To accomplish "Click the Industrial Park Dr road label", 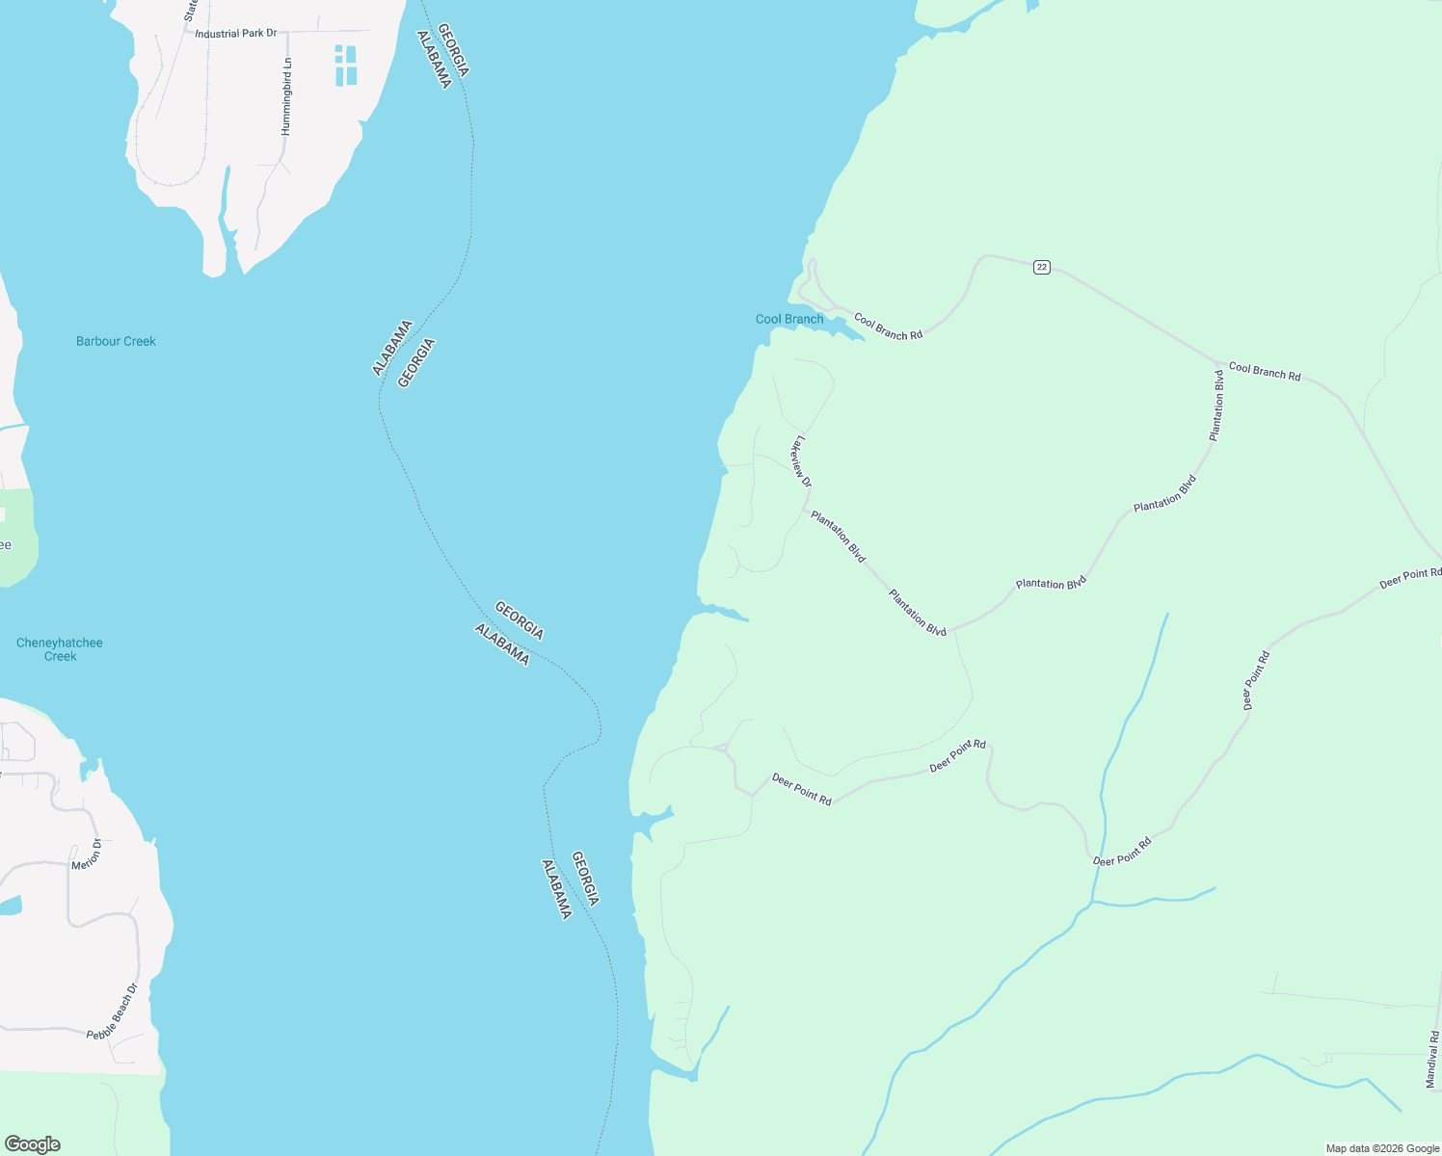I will pyautogui.click(x=235, y=34).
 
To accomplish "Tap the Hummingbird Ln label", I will pyautogui.click(x=286, y=96).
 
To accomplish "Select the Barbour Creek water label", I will pyautogui.click(x=116, y=341).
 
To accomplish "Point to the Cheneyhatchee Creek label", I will pyautogui.click(x=60, y=649).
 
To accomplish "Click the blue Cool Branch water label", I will pyautogui.click(x=789, y=319).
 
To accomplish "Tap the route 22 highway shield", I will pyautogui.click(x=1041, y=267).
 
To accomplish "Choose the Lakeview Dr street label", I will pyautogui.click(x=801, y=462).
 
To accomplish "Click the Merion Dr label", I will pyautogui.click(x=87, y=854).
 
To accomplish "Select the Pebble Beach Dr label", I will pyautogui.click(x=114, y=1011).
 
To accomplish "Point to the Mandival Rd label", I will pyautogui.click(x=1432, y=1060).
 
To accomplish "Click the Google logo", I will pyautogui.click(x=32, y=1144).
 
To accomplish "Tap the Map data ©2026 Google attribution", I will pyautogui.click(x=1382, y=1148).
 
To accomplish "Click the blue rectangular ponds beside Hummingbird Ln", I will pyautogui.click(x=346, y=66).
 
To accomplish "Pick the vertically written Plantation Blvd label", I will pyautogui.click(x=1217, y=406).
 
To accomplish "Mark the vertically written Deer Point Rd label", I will pyautogui.click(x=1256, y=681).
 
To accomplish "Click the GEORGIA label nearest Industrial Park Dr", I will pyautogui.click(x=453, y=50).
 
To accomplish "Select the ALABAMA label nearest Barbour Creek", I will pyautogui.click(x=392, y=348).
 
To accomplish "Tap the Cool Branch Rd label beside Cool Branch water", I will pyautogui.click(x=888, y=327).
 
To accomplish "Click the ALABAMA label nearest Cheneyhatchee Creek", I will pyautogui.click(x=502, y=644).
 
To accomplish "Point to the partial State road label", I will pyautogui.click(x=190, y=11).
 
